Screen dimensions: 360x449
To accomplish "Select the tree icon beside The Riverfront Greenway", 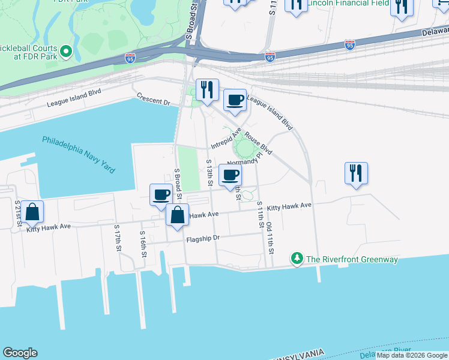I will coord(297,259).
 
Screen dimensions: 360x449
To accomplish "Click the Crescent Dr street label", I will coord(154,98).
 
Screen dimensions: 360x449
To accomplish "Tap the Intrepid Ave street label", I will coord(226,142).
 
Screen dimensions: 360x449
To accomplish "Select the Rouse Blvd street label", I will coord(259,143).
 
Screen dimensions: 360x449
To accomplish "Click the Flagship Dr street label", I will coord(203,238).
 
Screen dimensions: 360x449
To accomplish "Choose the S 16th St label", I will coord(143,244).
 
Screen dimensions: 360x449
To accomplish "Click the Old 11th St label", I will coord(270,235).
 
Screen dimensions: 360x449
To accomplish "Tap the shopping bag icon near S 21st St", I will coord(32,212).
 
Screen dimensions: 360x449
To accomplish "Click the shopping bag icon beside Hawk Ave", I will coord(178,215).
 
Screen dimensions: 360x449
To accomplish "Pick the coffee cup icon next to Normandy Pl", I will coord(231,175).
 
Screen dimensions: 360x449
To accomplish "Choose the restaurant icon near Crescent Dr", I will coord(207,90).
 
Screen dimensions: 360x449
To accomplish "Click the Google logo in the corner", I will coord(20,353).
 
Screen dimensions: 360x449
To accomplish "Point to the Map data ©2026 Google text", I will coord(412,355).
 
